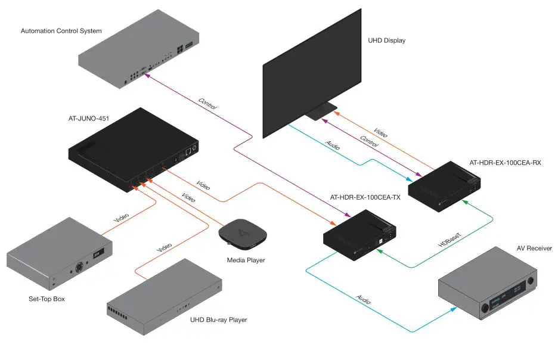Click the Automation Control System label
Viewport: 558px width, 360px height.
click(x=61, y=31)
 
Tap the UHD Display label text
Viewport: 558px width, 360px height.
click(x=387, y=41)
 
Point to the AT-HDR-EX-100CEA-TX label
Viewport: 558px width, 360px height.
click(x=365, y=197)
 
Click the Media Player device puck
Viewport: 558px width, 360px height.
click(x=241, y=234)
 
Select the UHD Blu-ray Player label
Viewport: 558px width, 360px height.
click(x=218, y=320)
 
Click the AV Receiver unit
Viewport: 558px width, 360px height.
click(x=489, y=288)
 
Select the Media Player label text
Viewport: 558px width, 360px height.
click(x=246, y=260)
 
